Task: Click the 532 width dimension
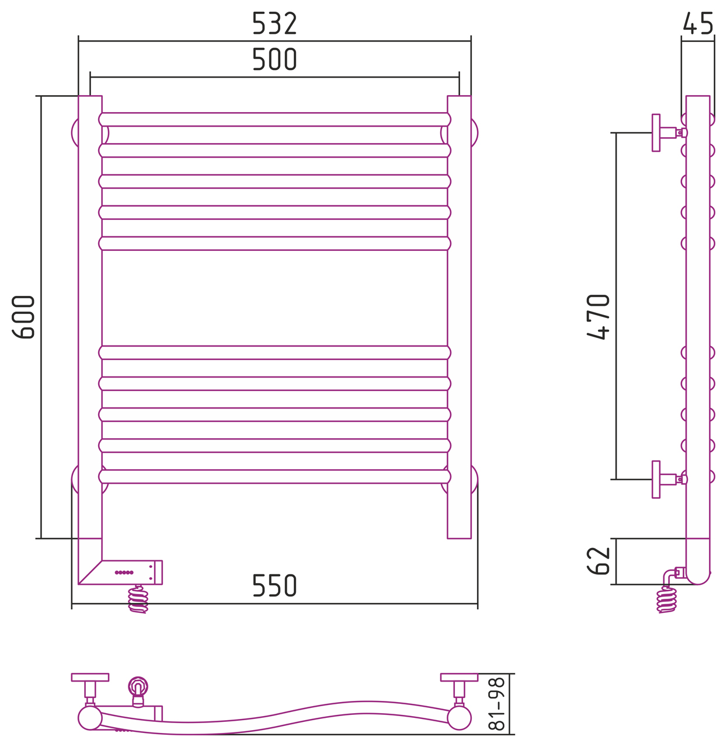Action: pyautogui.click(x=274, y=23)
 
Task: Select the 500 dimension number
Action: pyautogui.click(x=274, y=59)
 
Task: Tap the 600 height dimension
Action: pyautogui.click(x=24, y=317)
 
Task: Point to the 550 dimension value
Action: pyautogui.click(x=274, y=585)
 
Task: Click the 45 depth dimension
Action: pyautogui.click(x=697, y=23)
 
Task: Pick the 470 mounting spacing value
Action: pyautogui.click(x=598, y=317)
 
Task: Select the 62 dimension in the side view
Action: pyautogui.click(x=599, y=561)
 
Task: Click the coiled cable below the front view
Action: pyautogui.click(x=138, y=599)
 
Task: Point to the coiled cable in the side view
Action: pyautogui.click(x=666, y=599)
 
